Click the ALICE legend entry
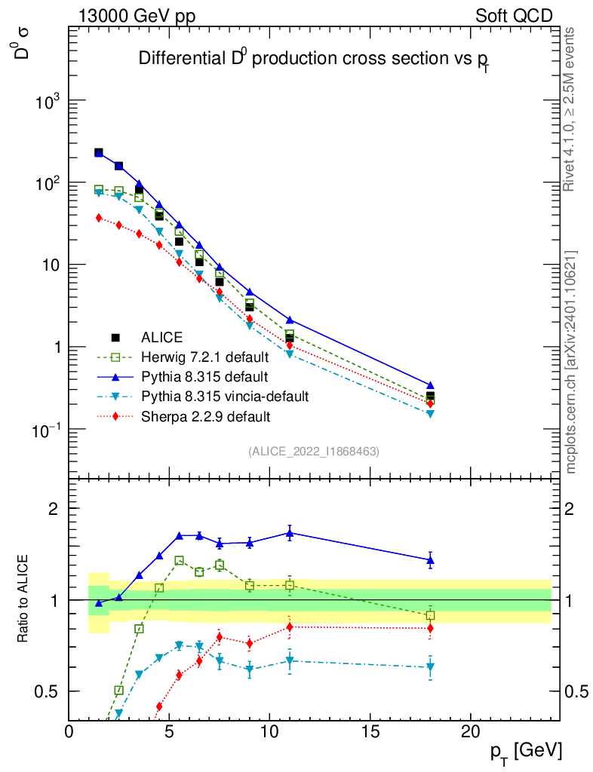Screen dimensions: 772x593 point(162,338)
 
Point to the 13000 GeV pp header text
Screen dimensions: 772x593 point(137,15)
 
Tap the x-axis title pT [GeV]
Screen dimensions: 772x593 point(526,751)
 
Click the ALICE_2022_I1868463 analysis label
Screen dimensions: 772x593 point(314,451)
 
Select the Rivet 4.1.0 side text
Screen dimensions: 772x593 point(570,109)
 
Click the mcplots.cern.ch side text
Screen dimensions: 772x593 point(570,362)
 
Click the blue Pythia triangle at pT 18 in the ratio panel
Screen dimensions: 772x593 point(430,560)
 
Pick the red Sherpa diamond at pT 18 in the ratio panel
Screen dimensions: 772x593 point(430,628)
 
